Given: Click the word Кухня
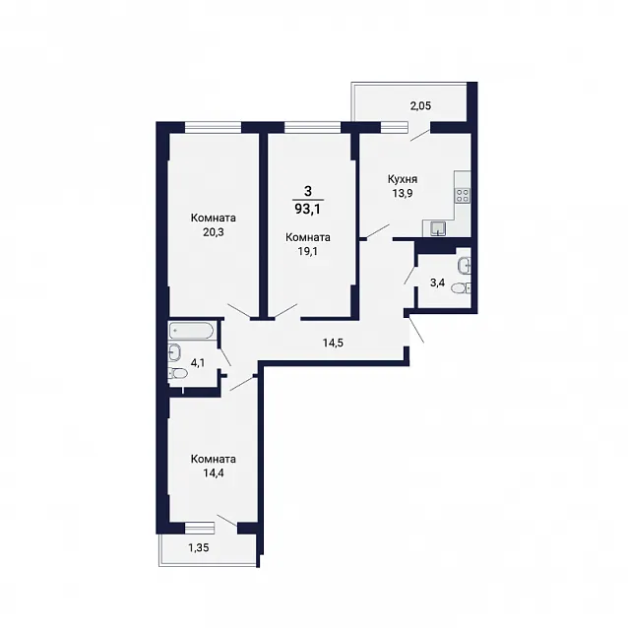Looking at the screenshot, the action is [x=403, y=179].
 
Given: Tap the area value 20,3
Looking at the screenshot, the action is [x=213, y=232].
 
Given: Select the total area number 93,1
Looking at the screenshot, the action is [x=307, y=209].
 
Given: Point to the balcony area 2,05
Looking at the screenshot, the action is [x=420, y=106].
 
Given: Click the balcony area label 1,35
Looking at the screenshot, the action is [x=199, y=547].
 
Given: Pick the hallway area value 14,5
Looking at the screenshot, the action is [x=334, y=343].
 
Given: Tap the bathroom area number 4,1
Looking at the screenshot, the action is [x=198, y=363].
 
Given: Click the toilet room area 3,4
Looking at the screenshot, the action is [x=437, y=283].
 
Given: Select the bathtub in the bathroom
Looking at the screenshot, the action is [x=191, y=331].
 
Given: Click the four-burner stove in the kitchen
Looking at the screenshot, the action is [x=463, y=195].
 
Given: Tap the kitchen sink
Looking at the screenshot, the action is [x=438, y=228].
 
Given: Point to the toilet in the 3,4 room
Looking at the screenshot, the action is [x=461, y=288].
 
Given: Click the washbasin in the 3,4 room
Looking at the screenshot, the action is [x=465, y=265].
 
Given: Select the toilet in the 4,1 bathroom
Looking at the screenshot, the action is [x=178, y=374].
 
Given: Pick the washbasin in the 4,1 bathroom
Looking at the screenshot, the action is [x=175, y=352].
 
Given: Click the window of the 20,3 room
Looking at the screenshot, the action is [x=213, y=127].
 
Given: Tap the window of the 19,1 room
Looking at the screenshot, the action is [x=312, y=127].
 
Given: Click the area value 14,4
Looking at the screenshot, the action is [x=213, y=473].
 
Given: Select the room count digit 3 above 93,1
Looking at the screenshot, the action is [x=307, y=191].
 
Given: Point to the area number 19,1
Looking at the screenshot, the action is [x=307, y=252].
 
